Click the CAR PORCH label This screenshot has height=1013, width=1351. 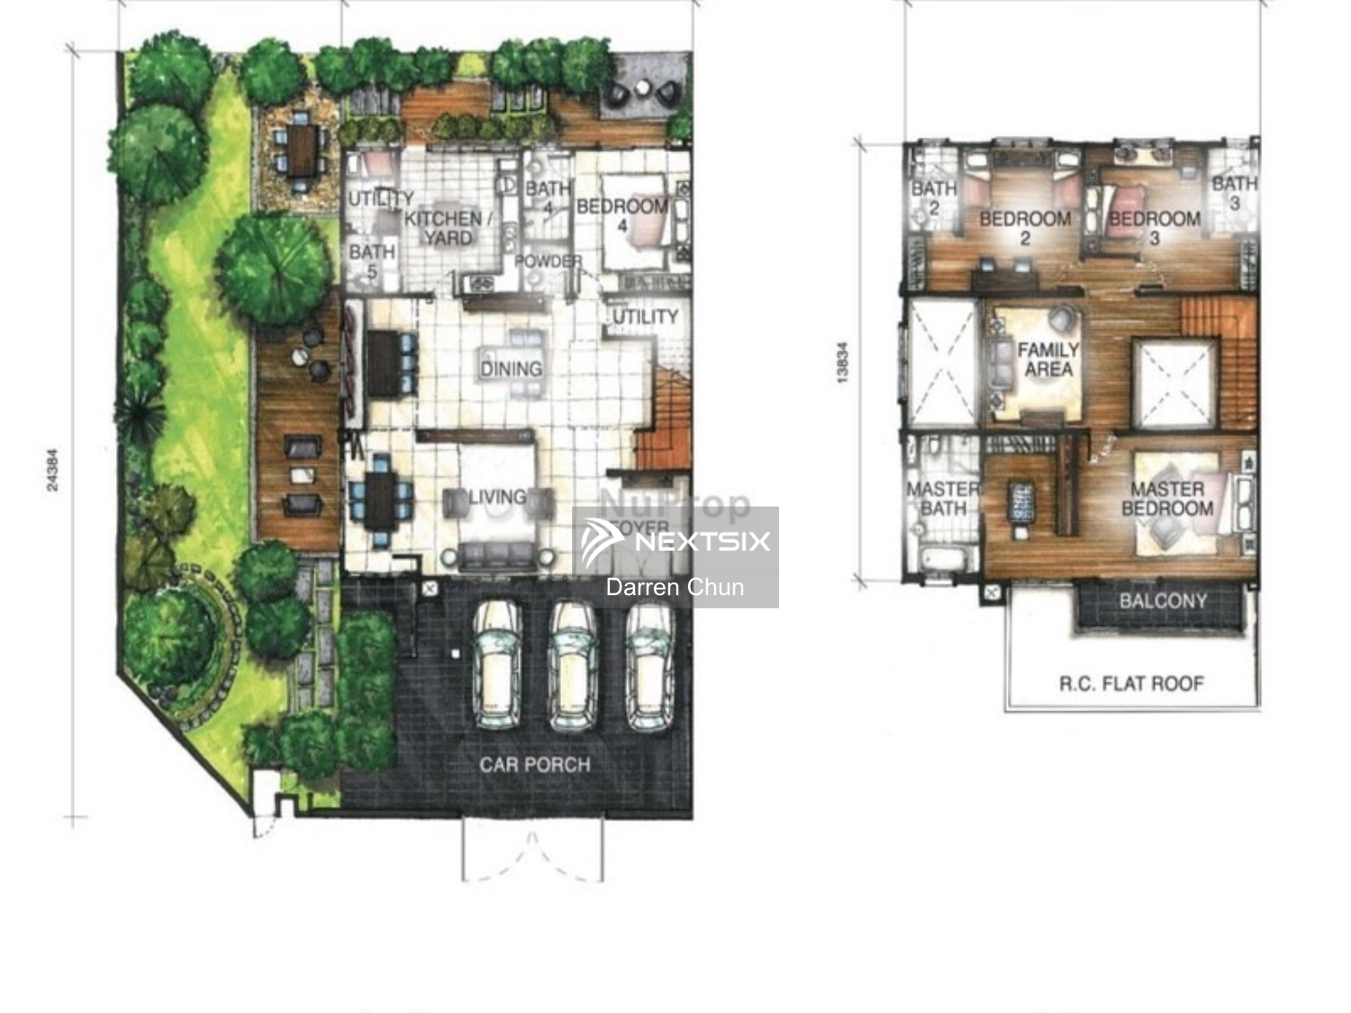(534, 764)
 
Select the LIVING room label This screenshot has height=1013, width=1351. (497, 497)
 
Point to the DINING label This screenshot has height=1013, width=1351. (511, 368)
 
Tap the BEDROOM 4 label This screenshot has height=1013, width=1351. (621, 215)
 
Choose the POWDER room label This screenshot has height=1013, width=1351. (548, 261)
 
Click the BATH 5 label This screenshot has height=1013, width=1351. (372, 261)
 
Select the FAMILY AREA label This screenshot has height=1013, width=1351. (1047, 359)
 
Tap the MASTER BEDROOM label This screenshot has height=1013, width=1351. (1166, 498)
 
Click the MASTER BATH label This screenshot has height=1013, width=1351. (942, 498)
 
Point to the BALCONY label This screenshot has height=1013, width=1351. (1163, 601)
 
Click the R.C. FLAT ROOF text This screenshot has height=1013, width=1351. (1131, 683)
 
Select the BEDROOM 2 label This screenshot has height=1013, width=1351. (1025, 228)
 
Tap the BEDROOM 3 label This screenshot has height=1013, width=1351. (1154, 228)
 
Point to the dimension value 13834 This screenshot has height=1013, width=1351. (842, 363)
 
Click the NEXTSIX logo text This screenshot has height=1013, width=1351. (703, 541)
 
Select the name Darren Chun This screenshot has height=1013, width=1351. (675, 587)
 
